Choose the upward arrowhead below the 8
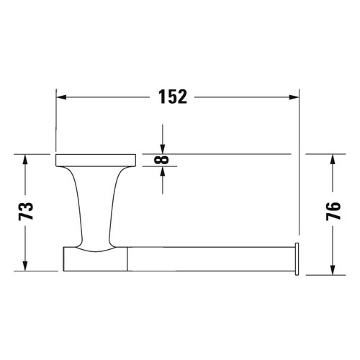[163, 172]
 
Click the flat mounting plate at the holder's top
[96, 159]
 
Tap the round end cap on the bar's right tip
[296, 259]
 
